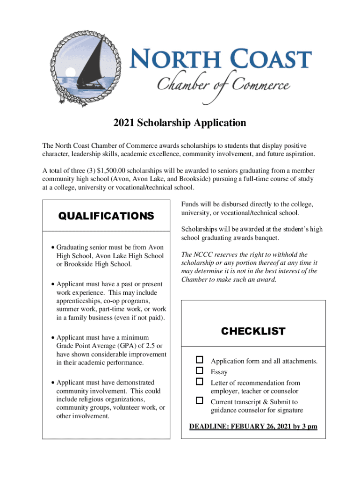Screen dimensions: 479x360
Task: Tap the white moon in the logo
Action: pos(71,72)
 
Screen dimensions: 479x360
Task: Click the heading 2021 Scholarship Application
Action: pos(180,123)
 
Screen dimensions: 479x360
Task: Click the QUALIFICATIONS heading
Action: pos(106,216)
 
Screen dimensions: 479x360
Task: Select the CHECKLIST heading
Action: pos(253,331)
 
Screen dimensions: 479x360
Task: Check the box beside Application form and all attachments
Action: pos(200,360)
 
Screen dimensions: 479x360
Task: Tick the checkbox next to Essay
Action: pos(200,370)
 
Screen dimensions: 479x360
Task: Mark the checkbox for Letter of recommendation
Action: pos(200,382)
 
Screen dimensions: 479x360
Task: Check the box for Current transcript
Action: pos(200,400)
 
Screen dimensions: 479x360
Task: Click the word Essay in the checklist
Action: pos(219,372)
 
